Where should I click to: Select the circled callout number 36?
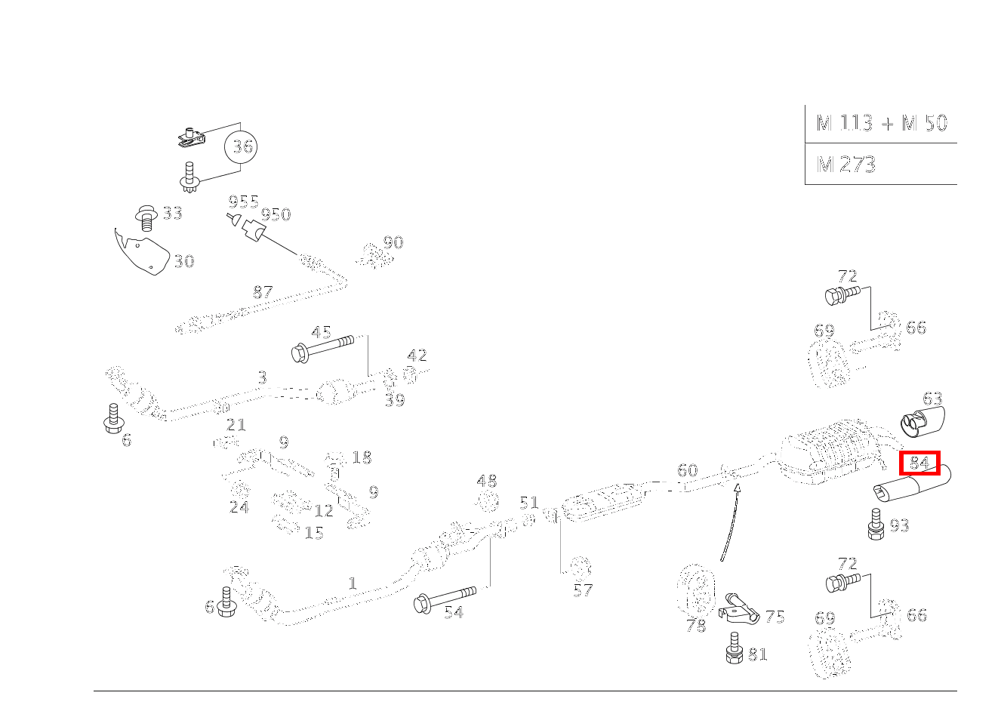(242, 146)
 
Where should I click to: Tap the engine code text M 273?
(845, 164)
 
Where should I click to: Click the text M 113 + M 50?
(881, 123)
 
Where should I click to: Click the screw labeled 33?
(147, 217)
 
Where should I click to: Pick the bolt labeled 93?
(876, 524)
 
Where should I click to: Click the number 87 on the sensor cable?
(262, 292)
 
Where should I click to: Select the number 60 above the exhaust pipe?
(687, 470)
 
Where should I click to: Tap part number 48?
(487, 481)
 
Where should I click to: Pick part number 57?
(582, 589)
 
